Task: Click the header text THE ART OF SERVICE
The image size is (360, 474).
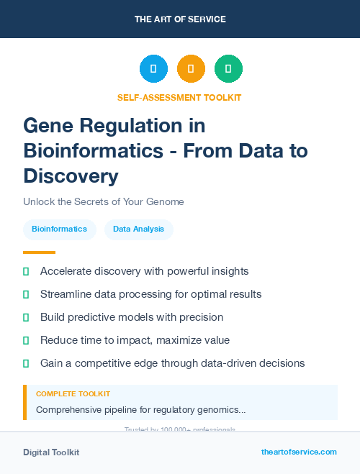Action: (180, 19)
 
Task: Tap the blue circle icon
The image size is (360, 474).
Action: (153, 68)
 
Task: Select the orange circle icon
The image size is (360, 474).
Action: (191, 68)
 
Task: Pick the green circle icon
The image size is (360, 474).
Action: (228, 68)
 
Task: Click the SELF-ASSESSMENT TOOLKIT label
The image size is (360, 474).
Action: (179, 97)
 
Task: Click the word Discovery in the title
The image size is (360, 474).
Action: (71, 176)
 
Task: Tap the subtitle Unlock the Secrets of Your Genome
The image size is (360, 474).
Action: (103, 202)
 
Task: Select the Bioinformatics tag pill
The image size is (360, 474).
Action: (59, 229)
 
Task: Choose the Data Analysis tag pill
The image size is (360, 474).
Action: (139, 229)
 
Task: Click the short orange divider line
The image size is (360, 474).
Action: (39, 252)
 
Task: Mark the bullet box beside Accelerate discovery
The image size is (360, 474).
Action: (27, 272)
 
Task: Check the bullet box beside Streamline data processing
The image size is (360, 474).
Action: (27, 295)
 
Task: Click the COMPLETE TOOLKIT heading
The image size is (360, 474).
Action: (73, 394)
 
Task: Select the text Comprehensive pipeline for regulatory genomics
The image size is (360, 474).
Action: (140, 410)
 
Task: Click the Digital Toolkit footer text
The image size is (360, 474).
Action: (51, 452)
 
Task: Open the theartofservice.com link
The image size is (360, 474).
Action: (299, 452)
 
